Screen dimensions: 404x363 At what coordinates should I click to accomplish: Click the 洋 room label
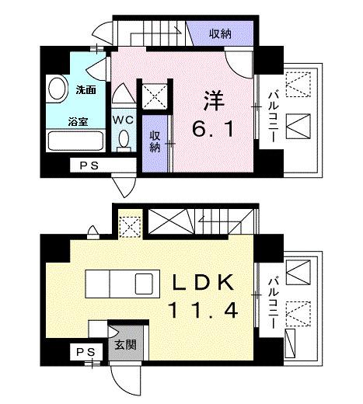[212, 102]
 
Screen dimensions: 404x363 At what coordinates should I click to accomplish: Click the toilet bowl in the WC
[123, 140]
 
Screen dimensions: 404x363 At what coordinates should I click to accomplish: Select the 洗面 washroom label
[85, 90]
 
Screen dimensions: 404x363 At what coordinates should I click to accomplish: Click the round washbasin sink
[58, 89]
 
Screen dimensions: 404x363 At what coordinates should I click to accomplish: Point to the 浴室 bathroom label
[76, 121]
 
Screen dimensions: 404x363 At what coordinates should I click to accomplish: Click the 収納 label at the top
[221, 33]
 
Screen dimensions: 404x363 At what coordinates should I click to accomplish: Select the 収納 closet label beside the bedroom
[155, 141]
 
